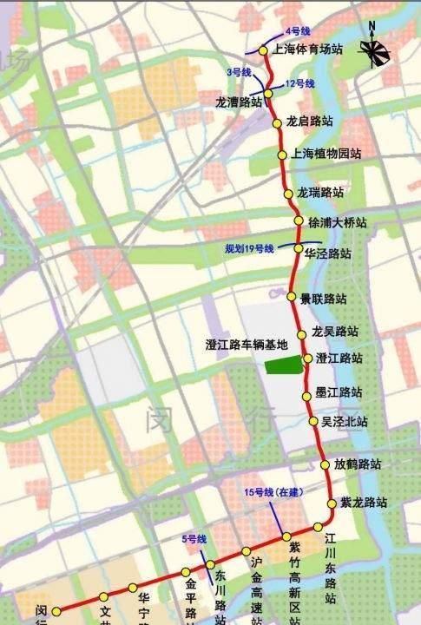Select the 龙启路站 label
point(309,122)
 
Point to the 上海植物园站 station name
point(326,154)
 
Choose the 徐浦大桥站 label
point(337,223)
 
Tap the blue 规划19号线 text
point(249,249)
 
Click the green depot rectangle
point(283,364)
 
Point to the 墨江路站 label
point(339,391)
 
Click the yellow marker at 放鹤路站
point(326,464)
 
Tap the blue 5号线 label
point(194,540)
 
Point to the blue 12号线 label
point(299,83)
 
